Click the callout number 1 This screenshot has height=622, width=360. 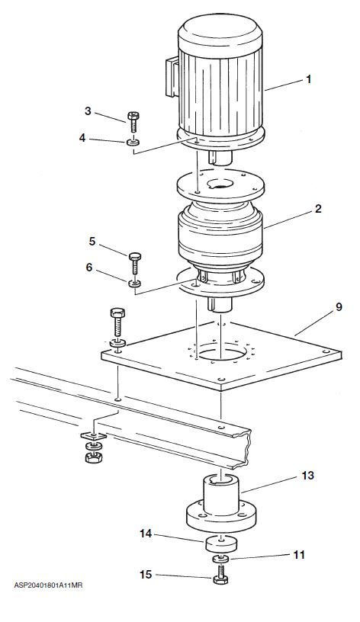tap(308, 79)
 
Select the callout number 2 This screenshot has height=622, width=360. tap(318, 209)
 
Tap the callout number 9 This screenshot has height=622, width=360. tap(339, 307)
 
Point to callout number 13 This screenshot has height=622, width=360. tap(307, 475)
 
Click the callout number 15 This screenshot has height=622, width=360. tap(146, 574)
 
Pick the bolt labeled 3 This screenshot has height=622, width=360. tap(133, 123)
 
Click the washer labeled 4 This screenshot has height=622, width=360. tap(133, 142)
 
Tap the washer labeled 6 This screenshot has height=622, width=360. tap(134, 284)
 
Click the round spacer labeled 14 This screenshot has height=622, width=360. tap(221, 543)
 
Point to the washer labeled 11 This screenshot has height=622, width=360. tap(220, 559)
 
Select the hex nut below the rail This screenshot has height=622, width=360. tap(94, 458)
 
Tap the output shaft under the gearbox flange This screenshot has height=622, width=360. tap(220, 304)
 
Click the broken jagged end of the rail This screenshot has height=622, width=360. tap(248, 448)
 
